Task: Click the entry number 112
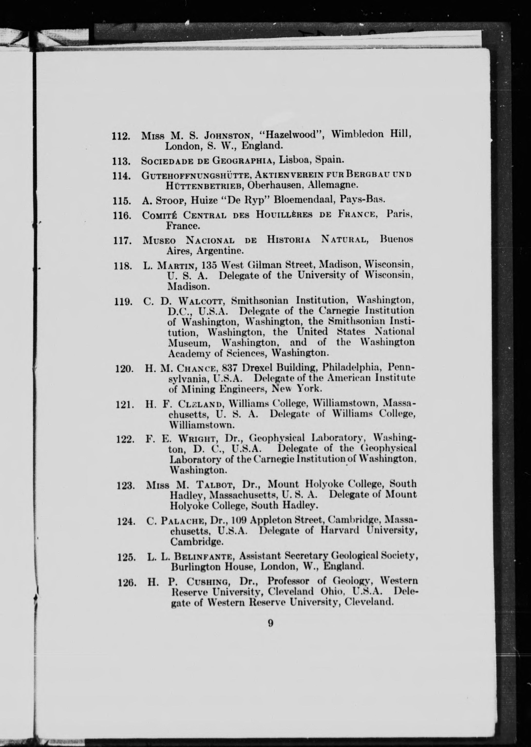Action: point(121,136)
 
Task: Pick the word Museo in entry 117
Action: point(159,240)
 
